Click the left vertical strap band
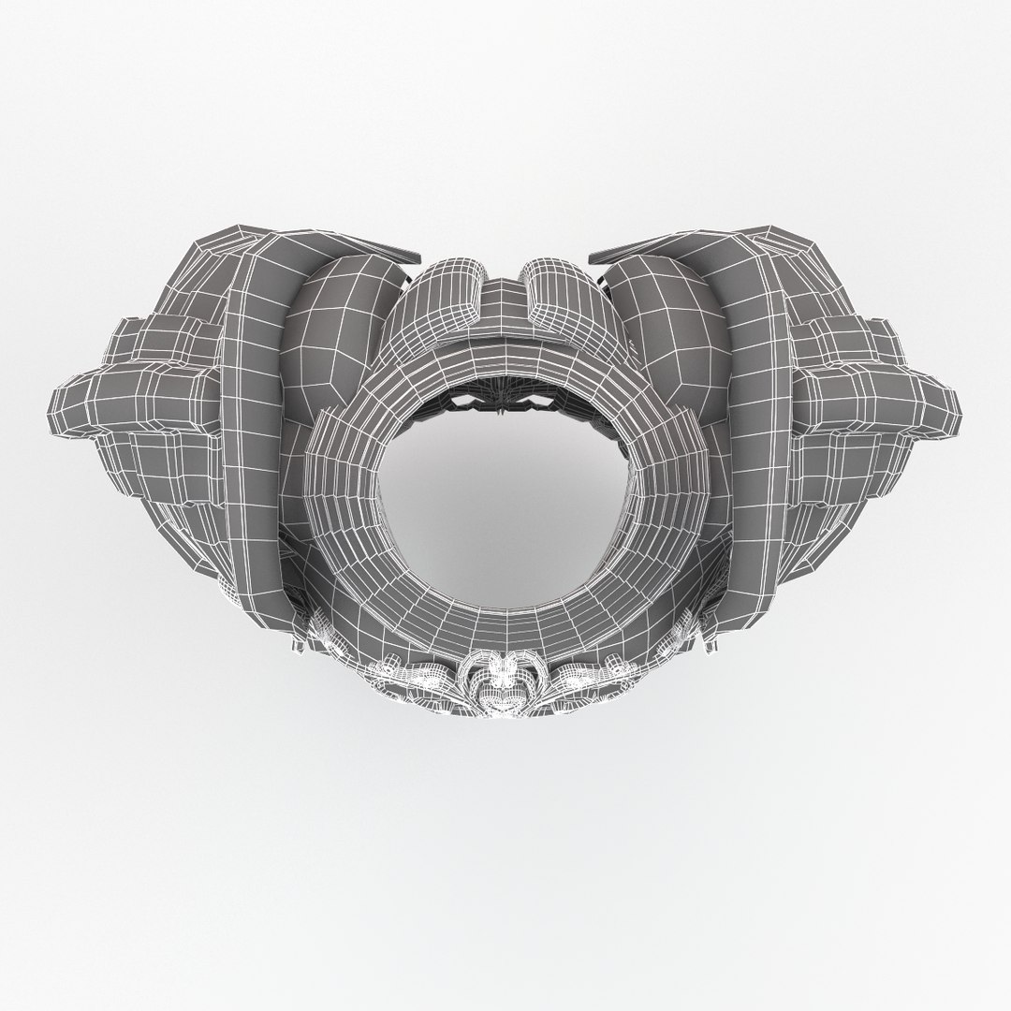point(253,421)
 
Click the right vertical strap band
point(758,421)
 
